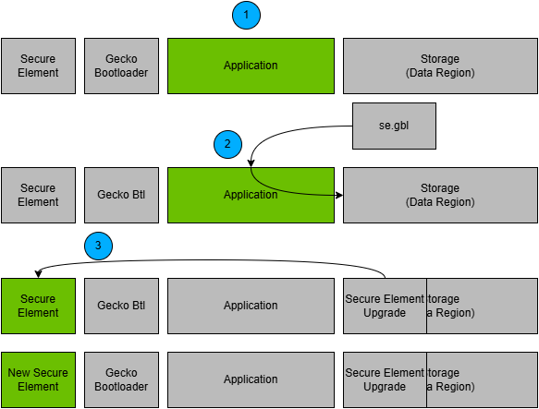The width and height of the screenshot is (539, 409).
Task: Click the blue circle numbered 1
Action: (x=246, y=15)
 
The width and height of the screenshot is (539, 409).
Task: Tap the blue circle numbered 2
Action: (x=227, y=144)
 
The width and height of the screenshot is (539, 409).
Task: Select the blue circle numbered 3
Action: (x=98, y=246)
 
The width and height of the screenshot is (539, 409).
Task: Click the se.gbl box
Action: (x=394, y=126)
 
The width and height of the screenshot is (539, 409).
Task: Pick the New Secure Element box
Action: (x=38, y=379)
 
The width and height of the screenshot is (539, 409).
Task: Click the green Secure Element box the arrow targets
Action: (x=38, y=306)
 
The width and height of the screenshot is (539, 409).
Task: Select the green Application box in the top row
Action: (x=251, y=66)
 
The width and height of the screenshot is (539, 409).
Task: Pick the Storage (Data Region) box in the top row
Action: (x=440, y=66)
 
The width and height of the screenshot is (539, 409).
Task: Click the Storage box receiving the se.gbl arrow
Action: (x=440, y=195)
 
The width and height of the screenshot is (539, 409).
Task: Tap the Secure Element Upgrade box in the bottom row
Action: (x=385, y=379)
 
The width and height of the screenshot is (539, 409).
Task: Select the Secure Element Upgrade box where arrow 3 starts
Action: (x=385, y=306)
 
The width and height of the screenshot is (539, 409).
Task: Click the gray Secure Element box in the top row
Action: (x=38, y=66)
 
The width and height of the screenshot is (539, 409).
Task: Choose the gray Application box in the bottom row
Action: (x=251, y=379)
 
